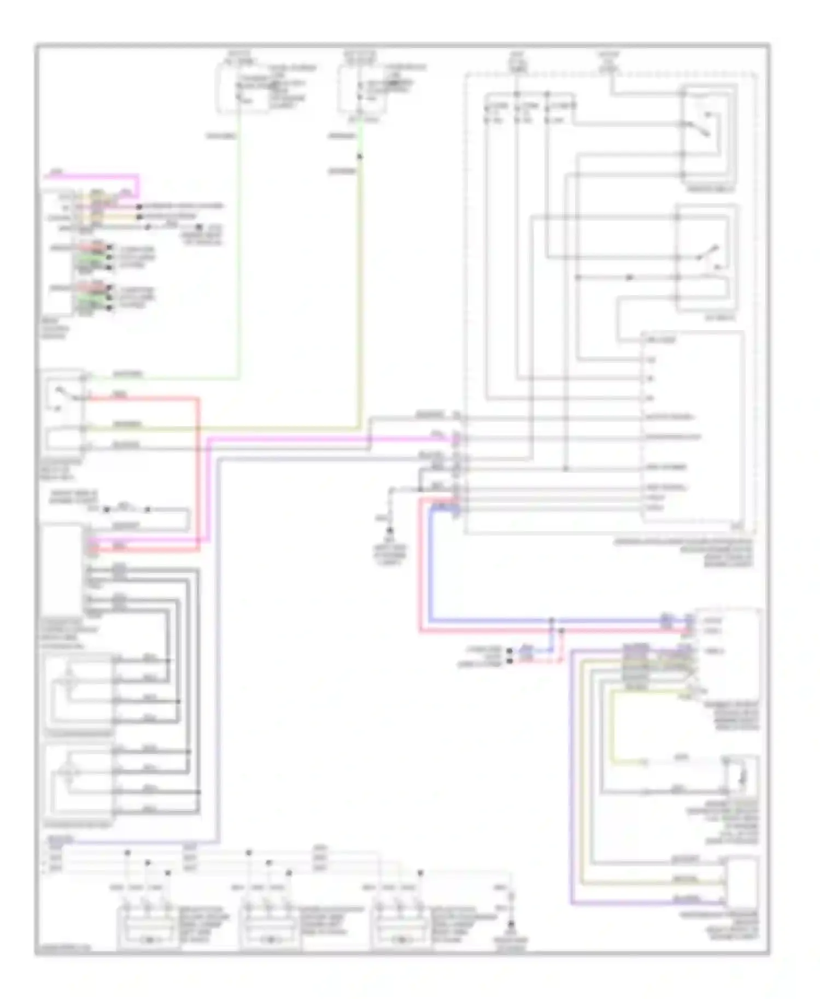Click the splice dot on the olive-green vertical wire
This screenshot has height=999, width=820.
(359, 157)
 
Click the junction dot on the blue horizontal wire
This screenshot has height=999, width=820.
(552, 621)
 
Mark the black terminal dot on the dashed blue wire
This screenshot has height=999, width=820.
(509, 651)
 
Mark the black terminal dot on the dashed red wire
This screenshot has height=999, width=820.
(509, 661)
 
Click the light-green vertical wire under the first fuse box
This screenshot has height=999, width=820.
(239, 246)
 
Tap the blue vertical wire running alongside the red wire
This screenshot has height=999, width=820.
(430, 568)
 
